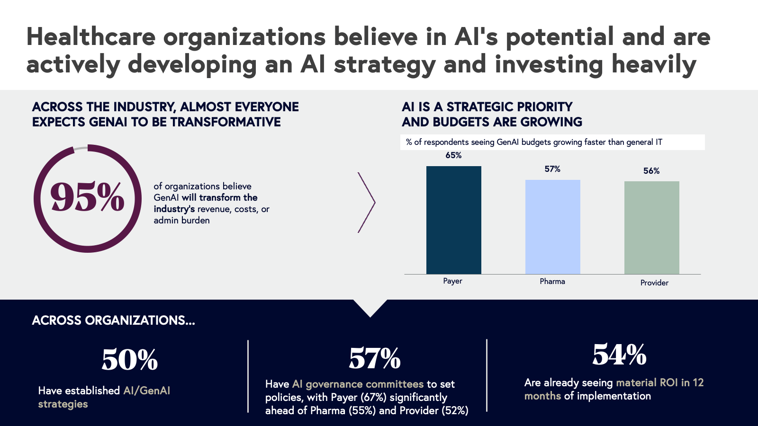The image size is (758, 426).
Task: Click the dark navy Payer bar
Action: (453, 220)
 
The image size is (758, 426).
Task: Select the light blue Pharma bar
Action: (552, 227)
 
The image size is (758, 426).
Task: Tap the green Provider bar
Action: (651, 228)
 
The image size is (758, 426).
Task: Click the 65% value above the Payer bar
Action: (453, 155)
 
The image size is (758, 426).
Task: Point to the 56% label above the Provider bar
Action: (651, 171)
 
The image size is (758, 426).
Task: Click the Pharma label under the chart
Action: (552, 281)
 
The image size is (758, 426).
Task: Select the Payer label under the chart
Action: (452, 281)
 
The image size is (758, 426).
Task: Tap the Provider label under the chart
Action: (654, 283)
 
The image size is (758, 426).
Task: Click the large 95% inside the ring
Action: (88, 197)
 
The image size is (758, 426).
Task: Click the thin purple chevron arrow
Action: (367, 203)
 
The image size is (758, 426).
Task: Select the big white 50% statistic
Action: (129, 360)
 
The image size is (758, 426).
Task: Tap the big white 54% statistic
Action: (619, 354)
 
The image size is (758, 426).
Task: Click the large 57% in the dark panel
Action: (375, 358)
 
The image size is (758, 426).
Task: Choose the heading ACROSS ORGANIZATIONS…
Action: (113, 320)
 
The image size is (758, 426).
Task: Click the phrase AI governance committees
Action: (358, 384)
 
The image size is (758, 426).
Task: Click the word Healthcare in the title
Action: (91, 37)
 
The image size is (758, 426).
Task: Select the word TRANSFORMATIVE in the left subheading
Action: (226, 122)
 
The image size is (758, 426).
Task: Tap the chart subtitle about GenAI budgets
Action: (534, 142)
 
